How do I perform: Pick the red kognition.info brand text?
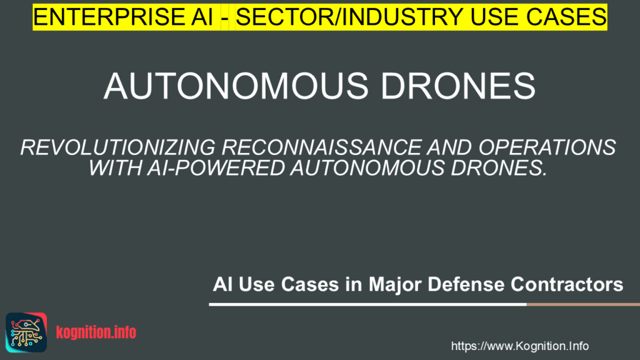tap(96, 332)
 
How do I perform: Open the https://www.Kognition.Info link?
tap(519, 346)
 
